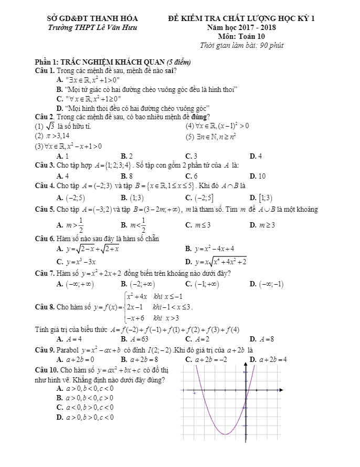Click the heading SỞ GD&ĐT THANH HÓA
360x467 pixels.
coord(92,19)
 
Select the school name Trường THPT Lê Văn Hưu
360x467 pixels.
coord(92,27)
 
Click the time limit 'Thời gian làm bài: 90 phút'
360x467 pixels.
coord(242,45)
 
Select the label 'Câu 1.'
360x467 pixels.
coord(45,70)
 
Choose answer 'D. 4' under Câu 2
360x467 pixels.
coord(256,156)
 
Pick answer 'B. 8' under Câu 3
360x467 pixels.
coord(126,176)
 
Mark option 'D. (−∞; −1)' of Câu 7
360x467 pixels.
coord(267,284)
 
